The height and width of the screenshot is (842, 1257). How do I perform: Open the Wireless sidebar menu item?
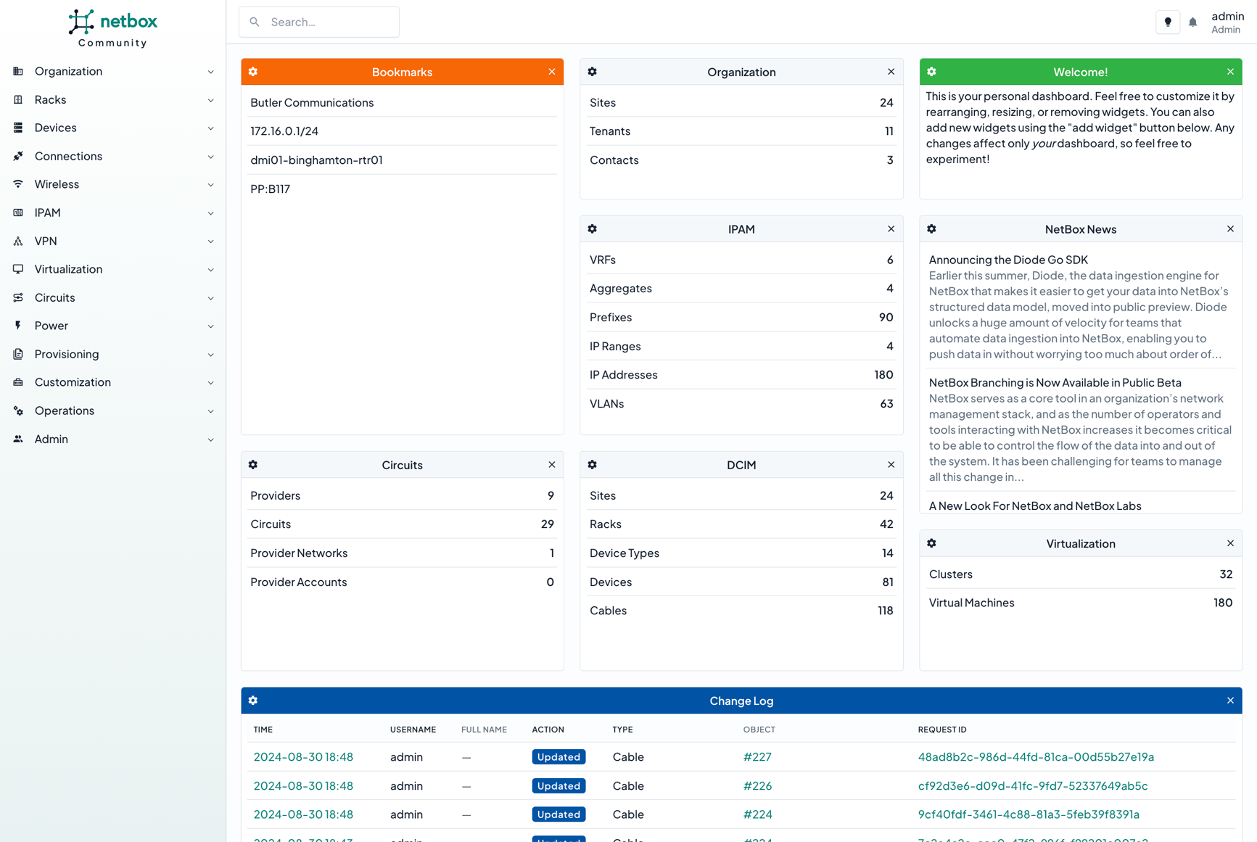[x=57, y=184]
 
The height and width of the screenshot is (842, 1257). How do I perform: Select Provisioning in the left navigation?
[x=67, y=354]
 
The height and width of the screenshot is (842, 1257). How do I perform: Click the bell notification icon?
[x=1192, y=22]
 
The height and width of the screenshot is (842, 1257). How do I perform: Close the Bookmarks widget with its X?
[x=552, y=72]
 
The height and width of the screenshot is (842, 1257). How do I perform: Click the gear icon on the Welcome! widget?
[x=931, y=72]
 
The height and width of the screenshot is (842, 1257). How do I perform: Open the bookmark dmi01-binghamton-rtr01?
[x=316, y=160]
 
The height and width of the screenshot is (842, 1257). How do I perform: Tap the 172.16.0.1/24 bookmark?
[x=284, y=131]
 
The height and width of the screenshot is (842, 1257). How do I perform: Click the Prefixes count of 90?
[x=886, y=318]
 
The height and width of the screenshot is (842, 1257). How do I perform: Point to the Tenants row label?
[x=610, y=131]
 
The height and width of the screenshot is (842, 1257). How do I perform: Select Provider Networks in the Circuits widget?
[x=299, y=553]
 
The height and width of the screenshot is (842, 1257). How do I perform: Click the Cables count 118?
[x=885, y=611]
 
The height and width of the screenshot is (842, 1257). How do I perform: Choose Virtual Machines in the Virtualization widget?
[x=971, y=603]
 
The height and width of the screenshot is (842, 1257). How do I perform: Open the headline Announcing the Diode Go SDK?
[x=1008, y=260]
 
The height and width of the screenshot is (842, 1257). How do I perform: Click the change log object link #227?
[x=757, y=757]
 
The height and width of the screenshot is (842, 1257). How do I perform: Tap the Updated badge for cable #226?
[x=559, y=786]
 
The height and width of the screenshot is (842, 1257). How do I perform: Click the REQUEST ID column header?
[x=942, y=730]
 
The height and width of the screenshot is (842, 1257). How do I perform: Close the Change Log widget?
[x=1230, y=701]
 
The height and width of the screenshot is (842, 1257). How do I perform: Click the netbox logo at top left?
[x=112, y=28]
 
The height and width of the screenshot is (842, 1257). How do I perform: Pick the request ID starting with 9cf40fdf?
[x=1029, y=814]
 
